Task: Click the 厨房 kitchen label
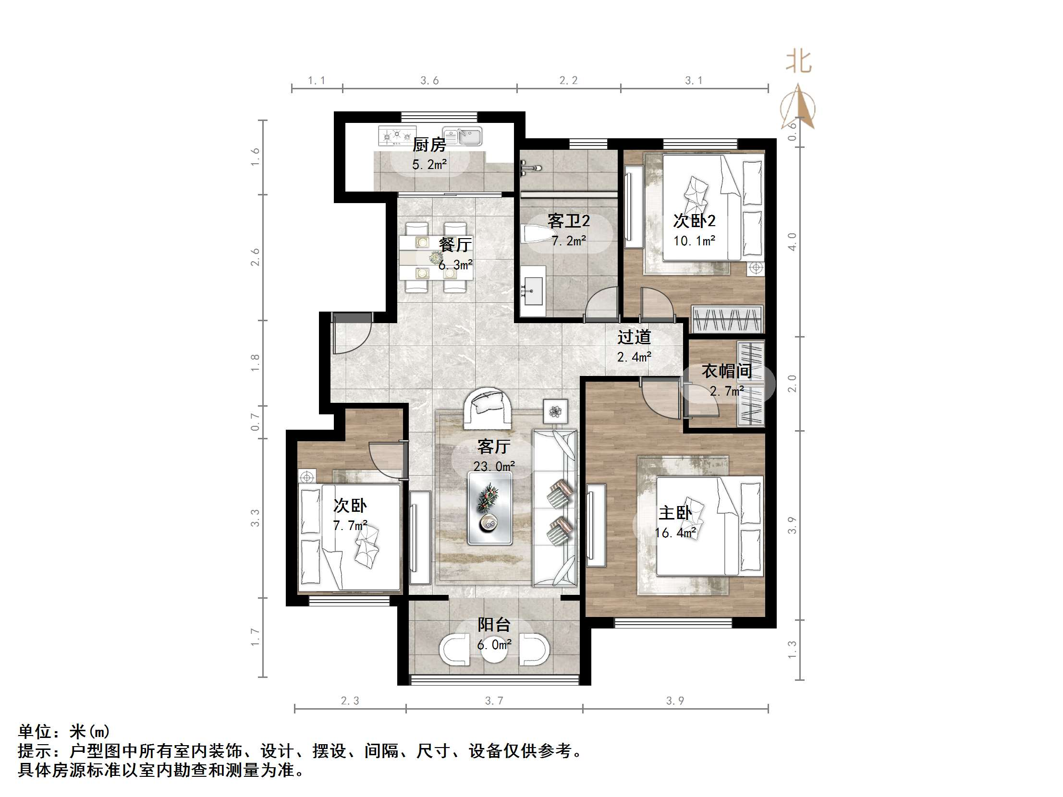[429, 144]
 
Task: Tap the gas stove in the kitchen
[397, 135]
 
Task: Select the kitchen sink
[462, 136]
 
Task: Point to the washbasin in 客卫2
[533, 291]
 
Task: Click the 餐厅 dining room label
[454, 244]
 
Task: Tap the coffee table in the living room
[490, 508]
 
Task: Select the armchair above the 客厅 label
[487, 408]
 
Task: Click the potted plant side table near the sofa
[556, 411]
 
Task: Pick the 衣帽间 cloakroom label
[727, 371]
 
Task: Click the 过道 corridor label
[634, 337]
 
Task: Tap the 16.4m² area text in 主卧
[675, 533]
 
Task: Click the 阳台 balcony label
[493, 625]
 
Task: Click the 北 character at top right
[798, 62]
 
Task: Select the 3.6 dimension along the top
[429, 81]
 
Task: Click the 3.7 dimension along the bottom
[494, 701]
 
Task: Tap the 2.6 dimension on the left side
[255, 257]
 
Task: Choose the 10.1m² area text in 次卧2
[695, 241]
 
